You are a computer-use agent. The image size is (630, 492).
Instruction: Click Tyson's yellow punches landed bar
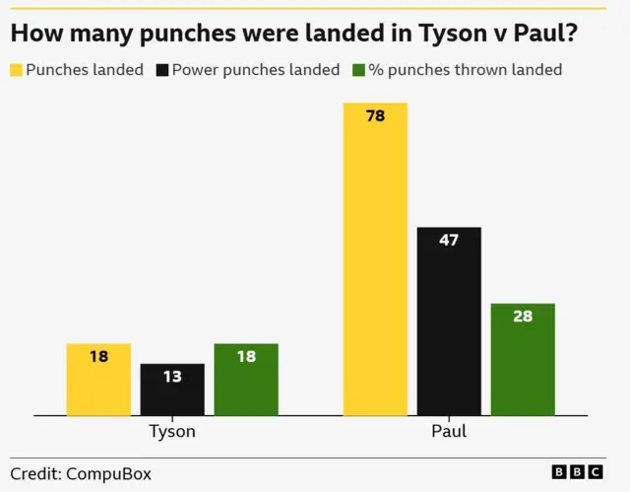(98, 380)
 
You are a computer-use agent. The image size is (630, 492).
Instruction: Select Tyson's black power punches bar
(172, 389)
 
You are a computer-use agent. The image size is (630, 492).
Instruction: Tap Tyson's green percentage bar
(246, 380)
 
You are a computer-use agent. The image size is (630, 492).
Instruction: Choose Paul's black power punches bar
(449, 320)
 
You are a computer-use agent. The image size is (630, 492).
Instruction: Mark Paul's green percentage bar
(523, 359)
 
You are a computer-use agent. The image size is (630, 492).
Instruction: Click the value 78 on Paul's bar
(375, 116)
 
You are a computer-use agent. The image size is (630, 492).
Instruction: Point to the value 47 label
(449, 240)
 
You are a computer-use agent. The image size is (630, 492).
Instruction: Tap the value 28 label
(523, 316)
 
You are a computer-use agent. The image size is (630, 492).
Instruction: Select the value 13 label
(172, 377)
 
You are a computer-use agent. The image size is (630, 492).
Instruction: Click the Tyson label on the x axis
(172, 432)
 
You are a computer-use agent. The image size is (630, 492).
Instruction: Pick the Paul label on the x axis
(449, 432)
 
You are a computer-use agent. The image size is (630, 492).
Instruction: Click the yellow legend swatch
(17, 71)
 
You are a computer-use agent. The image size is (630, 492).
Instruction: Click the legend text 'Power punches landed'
(256, 71)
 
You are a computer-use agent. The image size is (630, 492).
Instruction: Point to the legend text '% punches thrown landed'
(465, 71)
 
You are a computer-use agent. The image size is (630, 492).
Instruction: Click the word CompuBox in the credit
(109, 473)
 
